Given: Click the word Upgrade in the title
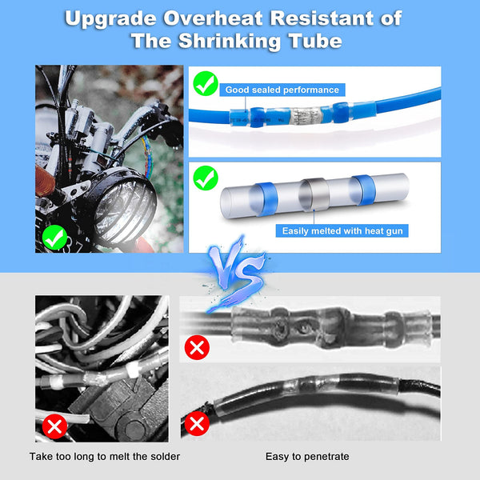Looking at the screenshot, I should pyautogui.click(x=110, y=18).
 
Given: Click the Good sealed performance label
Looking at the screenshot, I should pyautogui.click(x=282, y=90).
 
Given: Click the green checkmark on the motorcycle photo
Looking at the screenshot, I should pyautogui.click(x=54, y=237).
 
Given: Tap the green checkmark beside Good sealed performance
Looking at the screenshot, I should pyautogui.click(x=206, y=83).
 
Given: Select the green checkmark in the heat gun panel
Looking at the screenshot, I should pyautogui.click(x=206, y=177).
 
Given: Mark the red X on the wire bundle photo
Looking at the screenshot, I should pyautogui.click(x=54, y=426).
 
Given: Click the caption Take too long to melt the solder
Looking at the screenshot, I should pyautogui.click(x=105, y=456).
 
